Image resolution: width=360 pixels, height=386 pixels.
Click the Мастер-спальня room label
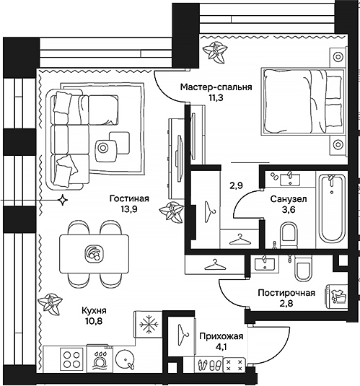coord(216,87)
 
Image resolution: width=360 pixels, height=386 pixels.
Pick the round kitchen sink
coord(126,359)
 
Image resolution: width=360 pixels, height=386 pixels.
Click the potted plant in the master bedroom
coord(214,52)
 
